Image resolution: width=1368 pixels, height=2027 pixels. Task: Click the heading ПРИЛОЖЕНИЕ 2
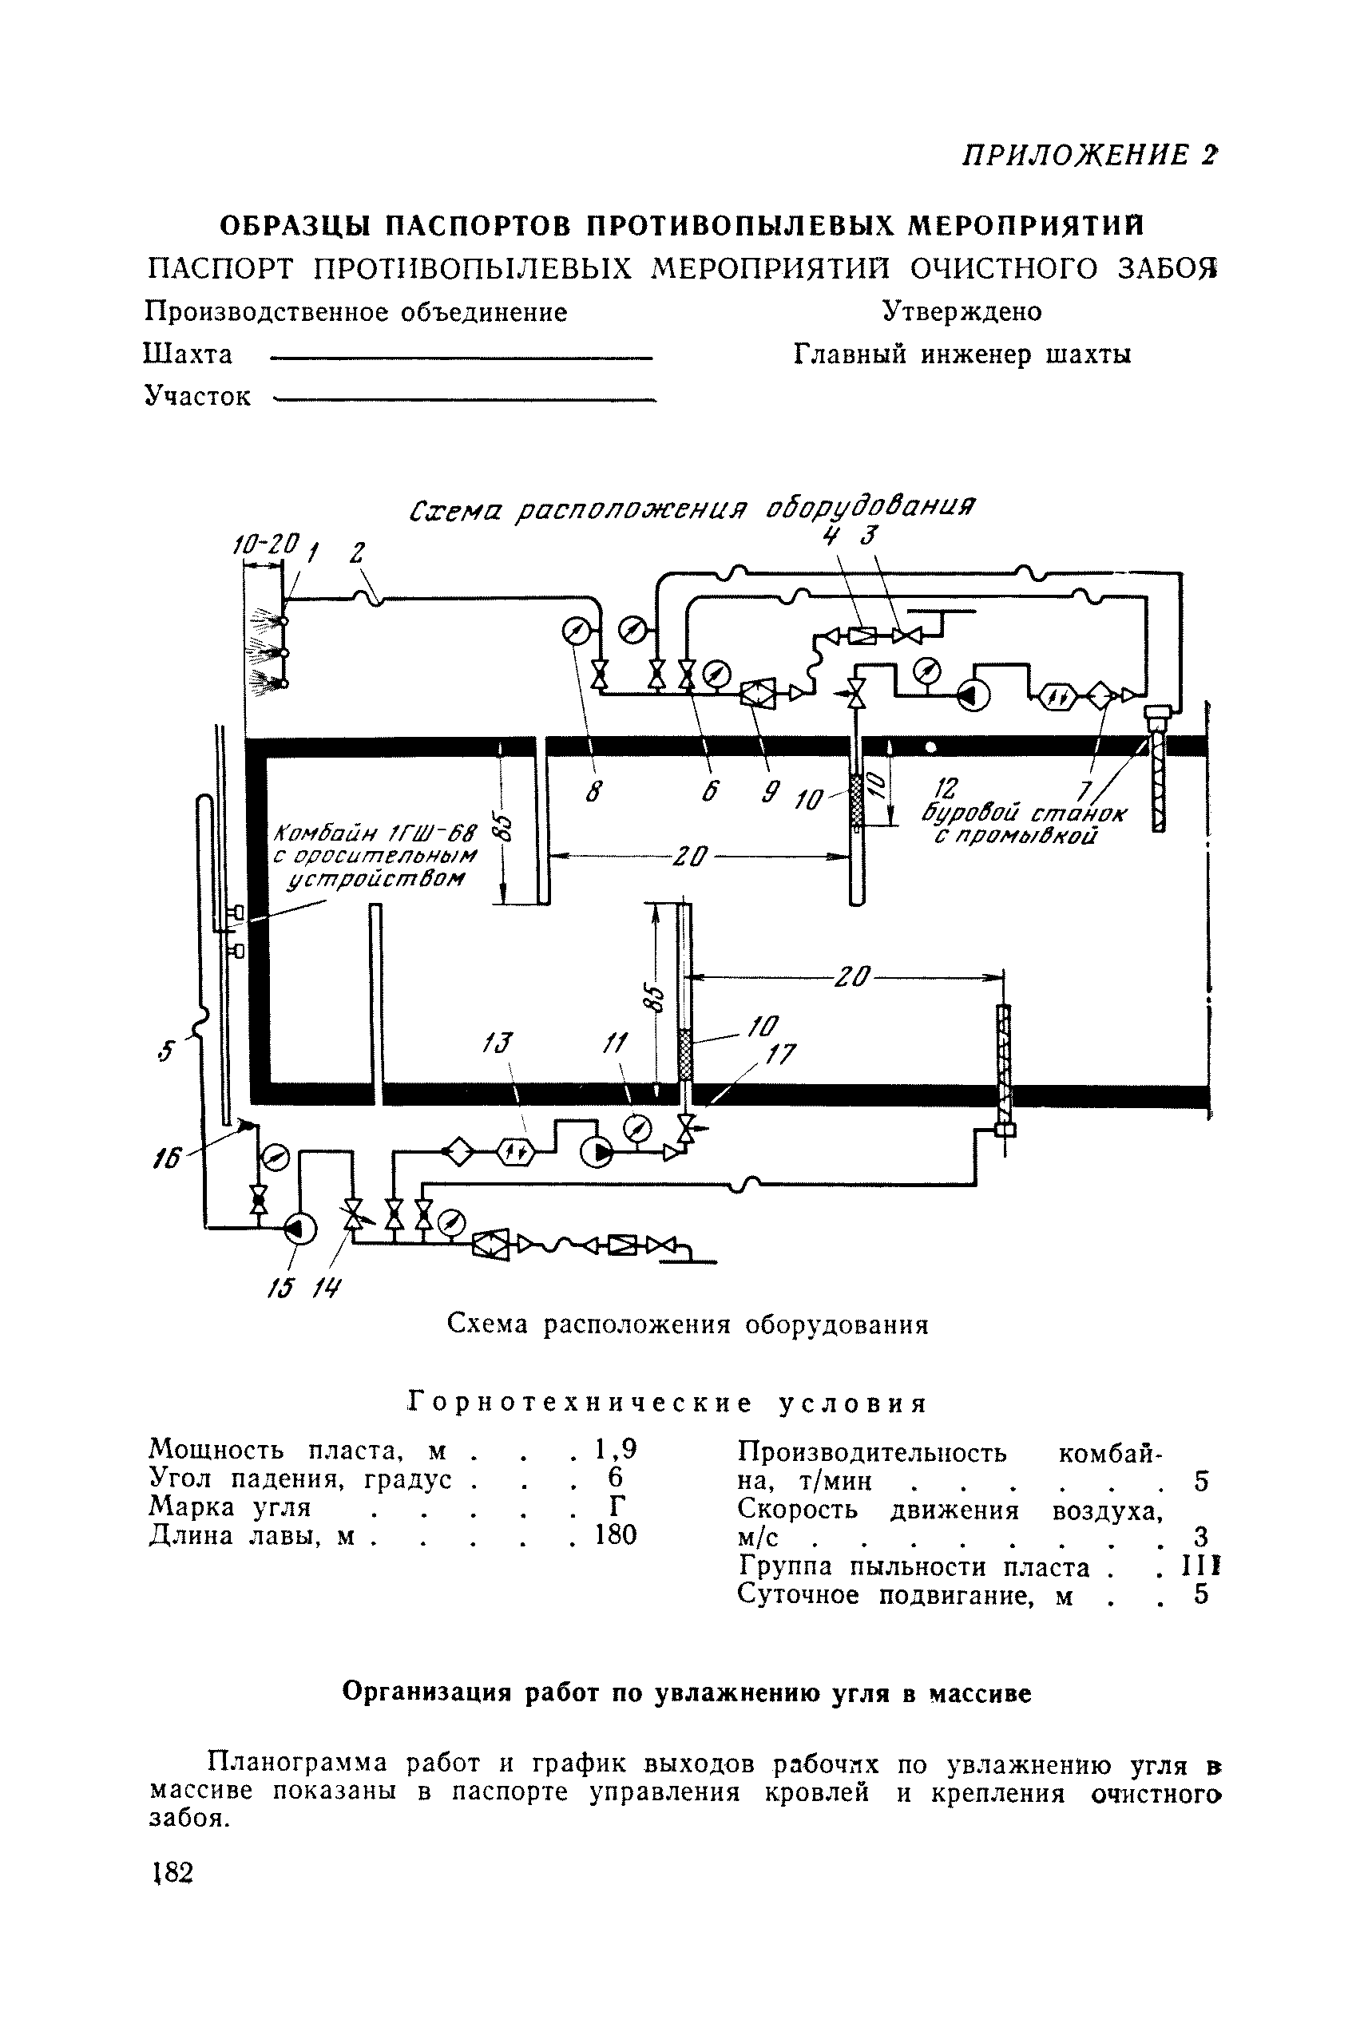tap(1088, 155)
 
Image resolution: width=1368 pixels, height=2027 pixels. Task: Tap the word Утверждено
tap(962, 311)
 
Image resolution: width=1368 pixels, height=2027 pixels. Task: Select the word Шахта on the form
tap(188, 355)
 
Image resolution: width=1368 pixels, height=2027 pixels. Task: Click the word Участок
tap(197, 397)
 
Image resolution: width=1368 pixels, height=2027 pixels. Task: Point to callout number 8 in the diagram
tap(593, 793)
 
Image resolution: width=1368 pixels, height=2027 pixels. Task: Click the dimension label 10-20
tap(266, 544)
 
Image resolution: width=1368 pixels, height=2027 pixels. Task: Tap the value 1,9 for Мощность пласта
tap(615, 1449)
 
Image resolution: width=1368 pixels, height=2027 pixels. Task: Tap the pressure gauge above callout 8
tap(577, 631)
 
